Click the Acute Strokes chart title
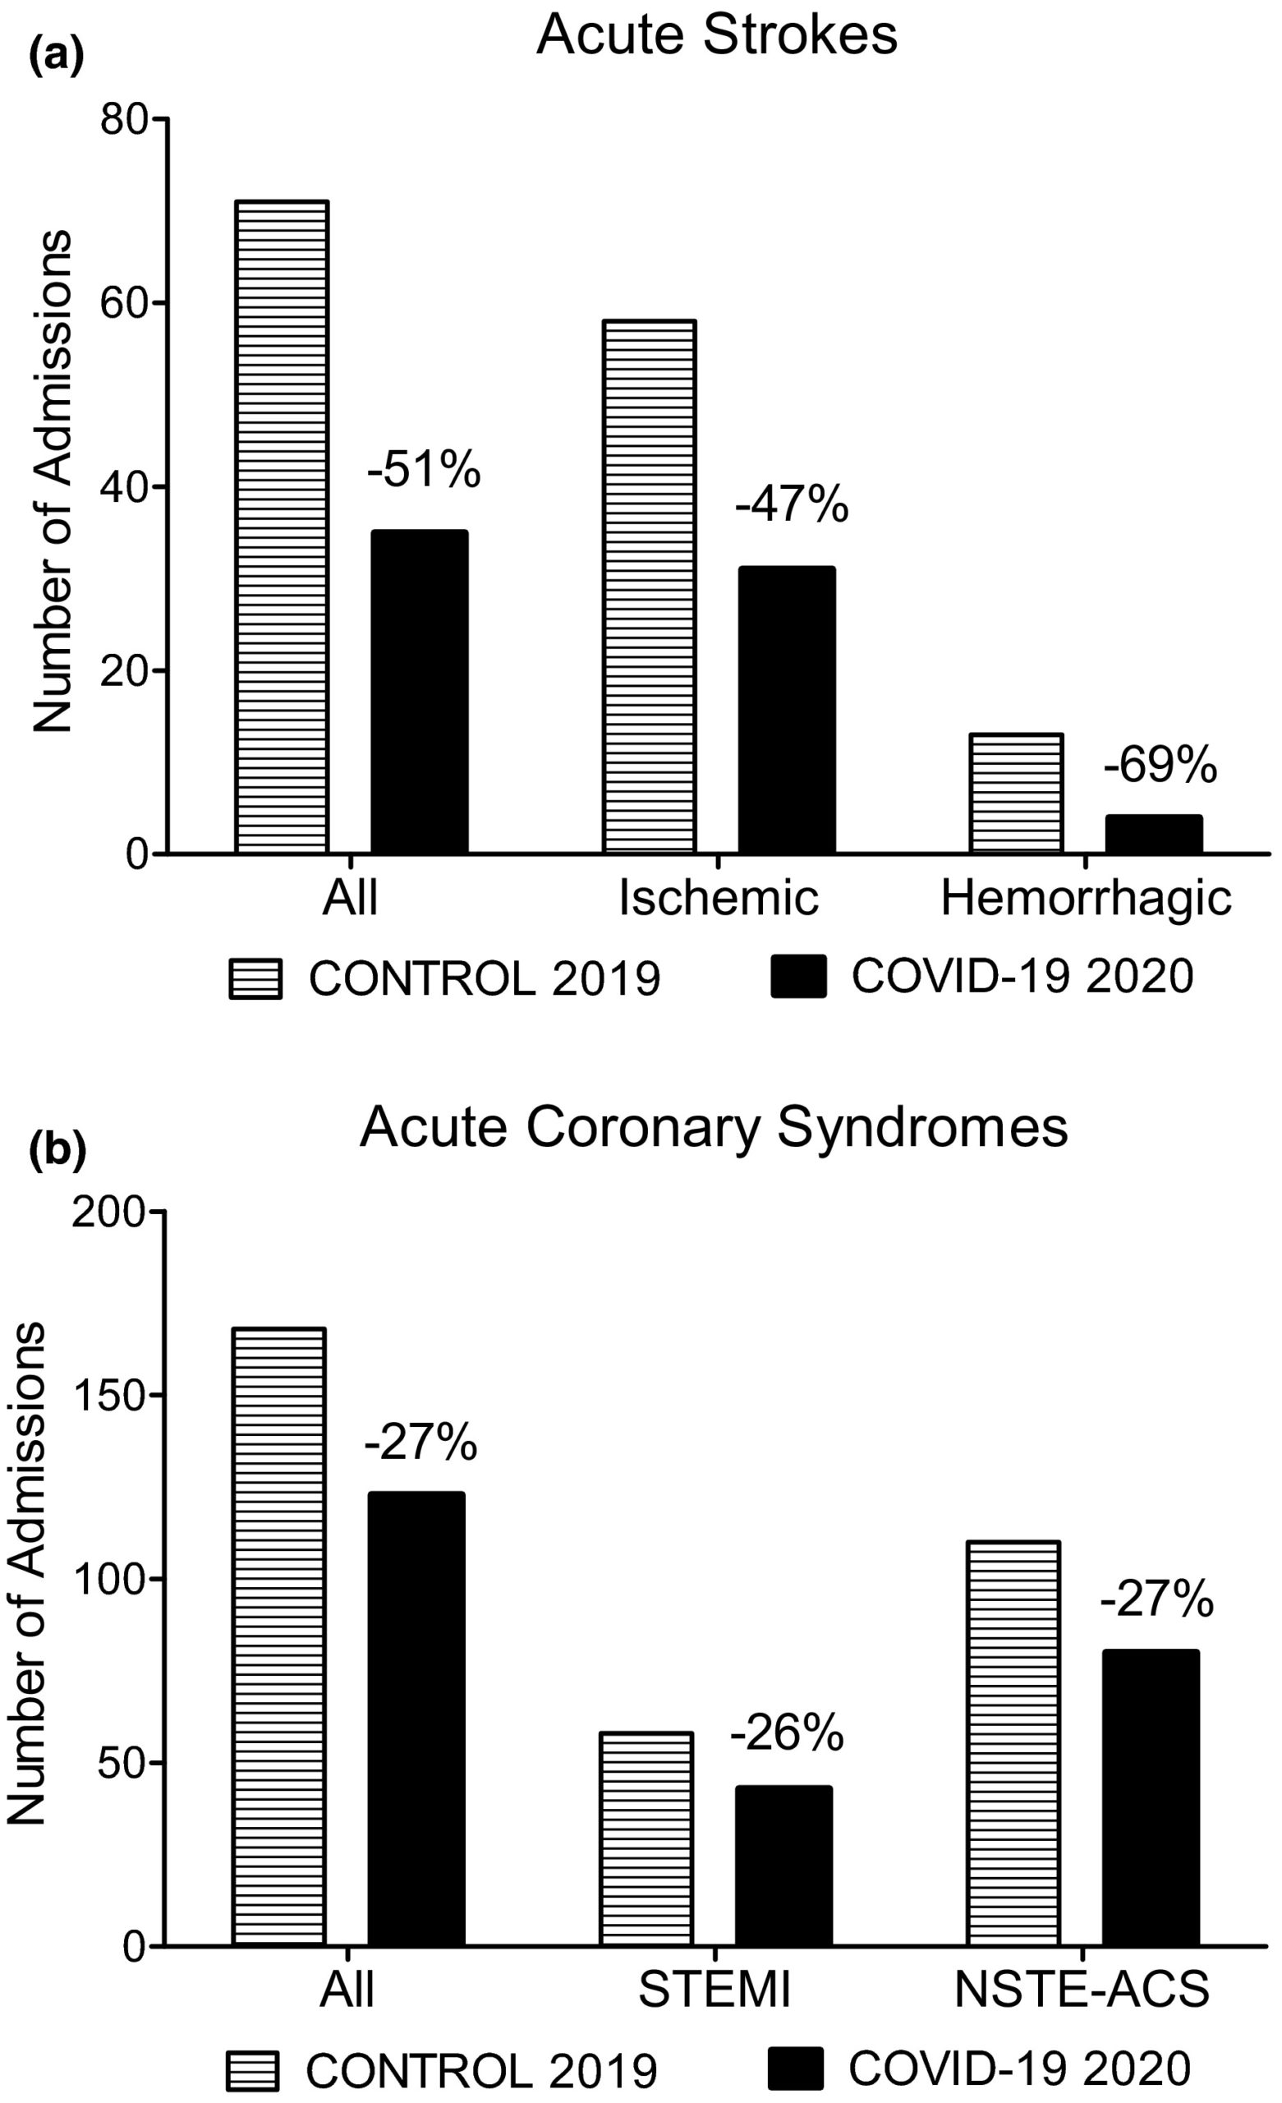717,36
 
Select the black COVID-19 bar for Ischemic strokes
787,709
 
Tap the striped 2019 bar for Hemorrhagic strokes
1017,793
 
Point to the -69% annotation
1160,765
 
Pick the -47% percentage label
792,504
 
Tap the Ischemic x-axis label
719,898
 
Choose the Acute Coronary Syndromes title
714,1129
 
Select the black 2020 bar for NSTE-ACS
1151,1799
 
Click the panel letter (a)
57,58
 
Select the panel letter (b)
57,1152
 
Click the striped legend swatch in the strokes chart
255,979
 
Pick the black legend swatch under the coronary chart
796,2068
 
